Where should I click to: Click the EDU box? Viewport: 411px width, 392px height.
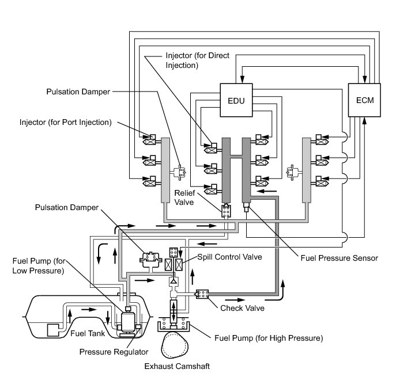pos(236,100)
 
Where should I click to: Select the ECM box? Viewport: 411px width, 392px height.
pos(364,100)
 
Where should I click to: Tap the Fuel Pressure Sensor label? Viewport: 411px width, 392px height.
pos(339,258)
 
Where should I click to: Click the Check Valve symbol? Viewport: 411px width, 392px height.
pos(202,294)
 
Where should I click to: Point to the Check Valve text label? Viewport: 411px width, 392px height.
pos(242,308)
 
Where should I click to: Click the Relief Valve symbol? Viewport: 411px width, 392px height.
pos(226,211)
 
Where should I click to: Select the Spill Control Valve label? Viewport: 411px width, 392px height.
pos(229,257)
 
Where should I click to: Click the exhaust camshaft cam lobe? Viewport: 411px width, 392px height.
pos(175,345)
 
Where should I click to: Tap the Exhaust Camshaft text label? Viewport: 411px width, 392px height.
pos(177,366)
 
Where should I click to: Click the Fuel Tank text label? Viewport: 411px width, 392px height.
pos(88,333)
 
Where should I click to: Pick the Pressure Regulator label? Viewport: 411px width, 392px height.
pos(114,352)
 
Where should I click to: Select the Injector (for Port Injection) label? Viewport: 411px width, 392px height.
pos(66,122)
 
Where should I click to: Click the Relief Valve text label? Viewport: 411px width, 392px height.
pos(184,197)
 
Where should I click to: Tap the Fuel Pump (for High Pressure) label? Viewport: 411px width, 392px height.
pos(269,338)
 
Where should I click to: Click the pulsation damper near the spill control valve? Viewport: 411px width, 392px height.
pos(149,260)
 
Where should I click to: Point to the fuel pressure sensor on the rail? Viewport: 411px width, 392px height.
pos(246,207)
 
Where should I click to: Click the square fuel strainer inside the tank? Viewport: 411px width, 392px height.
pos(53,330)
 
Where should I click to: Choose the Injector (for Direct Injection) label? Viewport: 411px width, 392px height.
pos(197,60)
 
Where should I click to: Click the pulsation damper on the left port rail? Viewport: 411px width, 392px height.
pos(180,172)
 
